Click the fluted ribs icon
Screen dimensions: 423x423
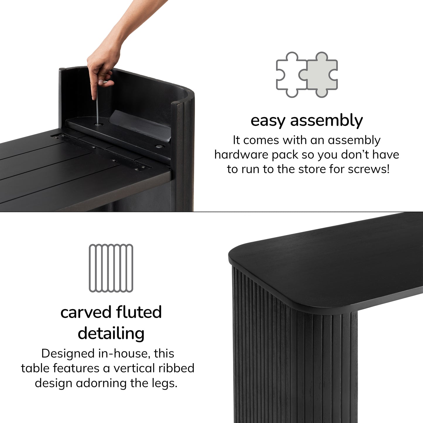click(111, 268)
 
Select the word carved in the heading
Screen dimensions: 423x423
click(85, 312)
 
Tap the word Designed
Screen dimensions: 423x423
click(68, 354)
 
